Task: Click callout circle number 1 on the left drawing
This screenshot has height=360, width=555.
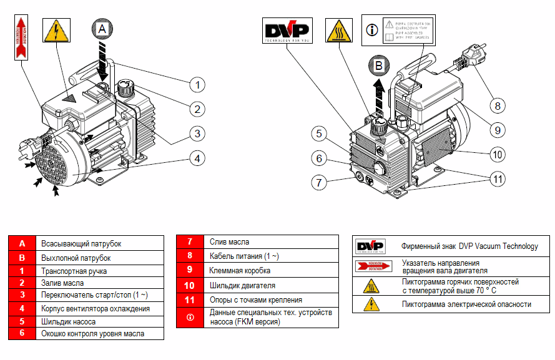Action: click(x=197, y=84)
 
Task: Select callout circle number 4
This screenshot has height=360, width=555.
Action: click(x=197, y=158)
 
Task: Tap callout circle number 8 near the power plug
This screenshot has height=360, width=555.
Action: click(x=498, y=106)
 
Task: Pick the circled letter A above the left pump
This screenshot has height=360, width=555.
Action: click(x=104, y=28)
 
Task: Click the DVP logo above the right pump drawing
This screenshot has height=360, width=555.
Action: click(x=287, y=31)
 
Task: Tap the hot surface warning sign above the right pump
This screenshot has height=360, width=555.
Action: click(x=340, y=31)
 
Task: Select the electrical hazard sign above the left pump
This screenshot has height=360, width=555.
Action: click(x=57, y=31)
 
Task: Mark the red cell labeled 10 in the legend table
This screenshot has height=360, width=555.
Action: click(x=190, y=286)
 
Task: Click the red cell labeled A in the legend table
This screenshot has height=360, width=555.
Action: click(x=22, y=244)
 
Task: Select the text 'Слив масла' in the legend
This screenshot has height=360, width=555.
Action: click(x=230, y=241)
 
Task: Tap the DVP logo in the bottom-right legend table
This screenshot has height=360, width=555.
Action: click(x=370, y=246)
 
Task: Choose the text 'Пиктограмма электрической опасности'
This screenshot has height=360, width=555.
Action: click(x=466, y=304)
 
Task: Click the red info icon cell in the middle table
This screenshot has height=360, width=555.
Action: click(x=190, y=317)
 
